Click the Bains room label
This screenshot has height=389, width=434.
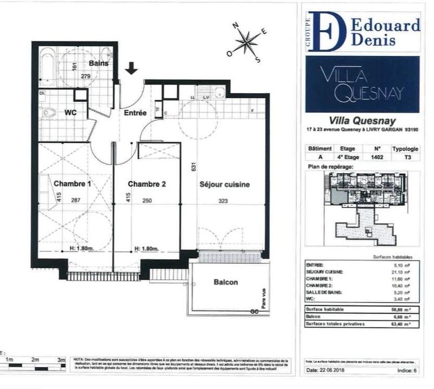pyautogui.click(x=99, y=63)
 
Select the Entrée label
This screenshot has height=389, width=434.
pyautogui.click(x=135, y=113)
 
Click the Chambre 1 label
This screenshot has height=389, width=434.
pyautogui.click(x=72, y=184)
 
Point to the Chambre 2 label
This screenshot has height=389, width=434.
pyautogui.click(x=146, y=184)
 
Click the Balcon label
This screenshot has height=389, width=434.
pyautogui.click(x=225, y=282)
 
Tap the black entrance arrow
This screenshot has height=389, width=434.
pyautogui.click(x=131, y=68)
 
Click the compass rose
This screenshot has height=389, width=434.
pyautogui.click(x=247, y=40)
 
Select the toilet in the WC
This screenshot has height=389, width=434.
pyautogui.click(x=49, y=113)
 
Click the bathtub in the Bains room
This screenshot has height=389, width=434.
pyautogui.click(x=47, y=64)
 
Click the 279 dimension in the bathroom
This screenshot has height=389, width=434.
pyautogui.click(x=86, y=76)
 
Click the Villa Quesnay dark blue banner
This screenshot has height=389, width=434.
pyautogui.click(x=362, y=84)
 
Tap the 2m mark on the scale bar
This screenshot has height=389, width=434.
pyautogui.click(x=35, y=359)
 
